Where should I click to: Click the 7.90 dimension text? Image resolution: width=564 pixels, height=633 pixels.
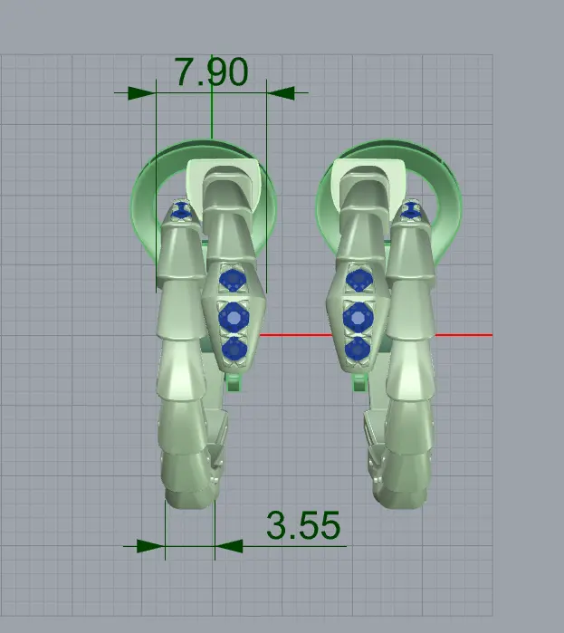pyautogui.click(x=212, y=72)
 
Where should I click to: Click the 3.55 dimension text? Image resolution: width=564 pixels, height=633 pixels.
pyautogui.click(x=303, y=525)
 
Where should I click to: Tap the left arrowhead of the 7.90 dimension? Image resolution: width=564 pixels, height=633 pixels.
pyautogui.click(x=142, y=93)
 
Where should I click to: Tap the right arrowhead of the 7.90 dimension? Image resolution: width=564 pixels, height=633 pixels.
pyautogui.click(x=281, y=92)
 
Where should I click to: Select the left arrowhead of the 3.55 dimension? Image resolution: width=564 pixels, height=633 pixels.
pyautogui.click(x=151, y=546)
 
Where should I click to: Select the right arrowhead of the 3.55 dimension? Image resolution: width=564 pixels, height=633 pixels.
pyautogui.click(x=229, y=546)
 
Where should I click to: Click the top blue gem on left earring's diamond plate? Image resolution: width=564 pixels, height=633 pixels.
pyautogui.click(x=233, y=280)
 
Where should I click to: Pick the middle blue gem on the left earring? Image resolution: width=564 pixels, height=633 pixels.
pyautogui.click(x=234, y=317)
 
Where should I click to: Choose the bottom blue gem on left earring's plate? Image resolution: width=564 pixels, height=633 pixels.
pyautogui.click(x=234, y=350)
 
